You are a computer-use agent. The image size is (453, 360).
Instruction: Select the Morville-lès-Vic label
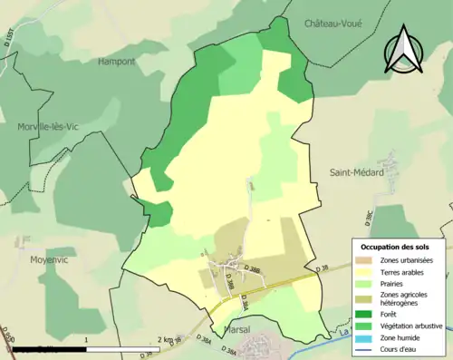pos(44,127)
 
